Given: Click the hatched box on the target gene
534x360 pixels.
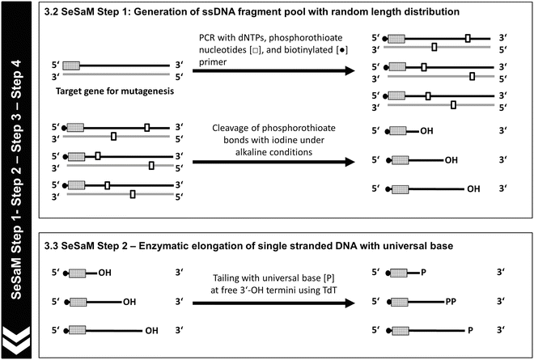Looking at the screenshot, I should point(72,65).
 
